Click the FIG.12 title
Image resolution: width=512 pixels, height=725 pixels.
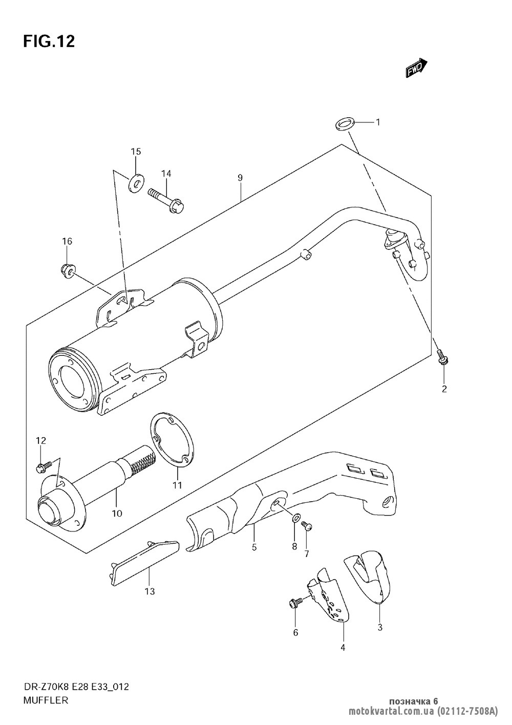pos(49,41)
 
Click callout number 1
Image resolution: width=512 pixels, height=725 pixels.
pos(392,122)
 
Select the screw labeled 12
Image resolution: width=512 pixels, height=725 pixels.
pos(44,466)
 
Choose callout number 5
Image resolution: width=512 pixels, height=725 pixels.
pos(254,547)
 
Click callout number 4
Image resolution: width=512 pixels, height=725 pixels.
pos(343,648)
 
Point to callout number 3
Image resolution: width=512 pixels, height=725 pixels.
pos(380,627)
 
